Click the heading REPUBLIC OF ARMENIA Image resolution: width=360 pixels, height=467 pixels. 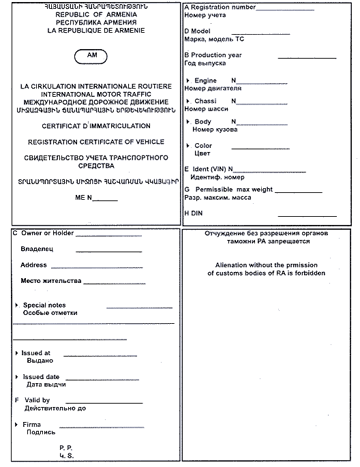coord(92,13)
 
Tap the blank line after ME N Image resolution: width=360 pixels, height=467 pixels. coord(104,200)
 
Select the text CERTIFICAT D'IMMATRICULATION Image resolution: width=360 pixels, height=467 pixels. coord(96,126)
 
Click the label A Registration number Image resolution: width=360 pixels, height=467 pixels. coord(220,7)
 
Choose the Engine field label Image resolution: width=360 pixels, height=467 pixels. coord(205,80)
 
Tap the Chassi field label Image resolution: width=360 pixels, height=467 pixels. coord(205,101)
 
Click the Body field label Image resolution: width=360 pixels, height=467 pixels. coord(202,121)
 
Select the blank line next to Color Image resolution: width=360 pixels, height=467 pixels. coord(260,148)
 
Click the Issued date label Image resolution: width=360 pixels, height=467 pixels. coord(41,376)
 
